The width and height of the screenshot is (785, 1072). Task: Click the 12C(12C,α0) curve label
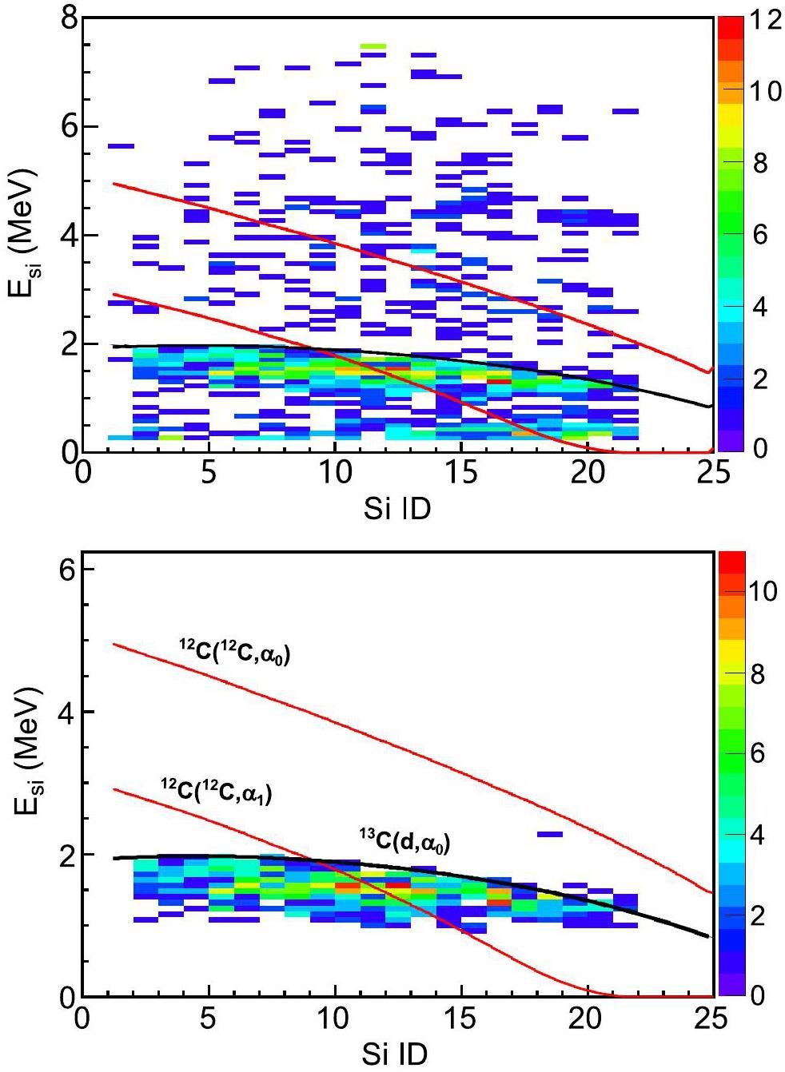click(x=234, y=653)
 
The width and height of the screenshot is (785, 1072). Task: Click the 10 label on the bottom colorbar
click(x=760, y=593)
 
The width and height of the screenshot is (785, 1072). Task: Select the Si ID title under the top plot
click(x=396, y=507)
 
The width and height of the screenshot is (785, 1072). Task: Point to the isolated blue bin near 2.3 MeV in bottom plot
click(x=549, y=834)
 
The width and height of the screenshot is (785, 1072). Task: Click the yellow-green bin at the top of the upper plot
click(x=373, y=46)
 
